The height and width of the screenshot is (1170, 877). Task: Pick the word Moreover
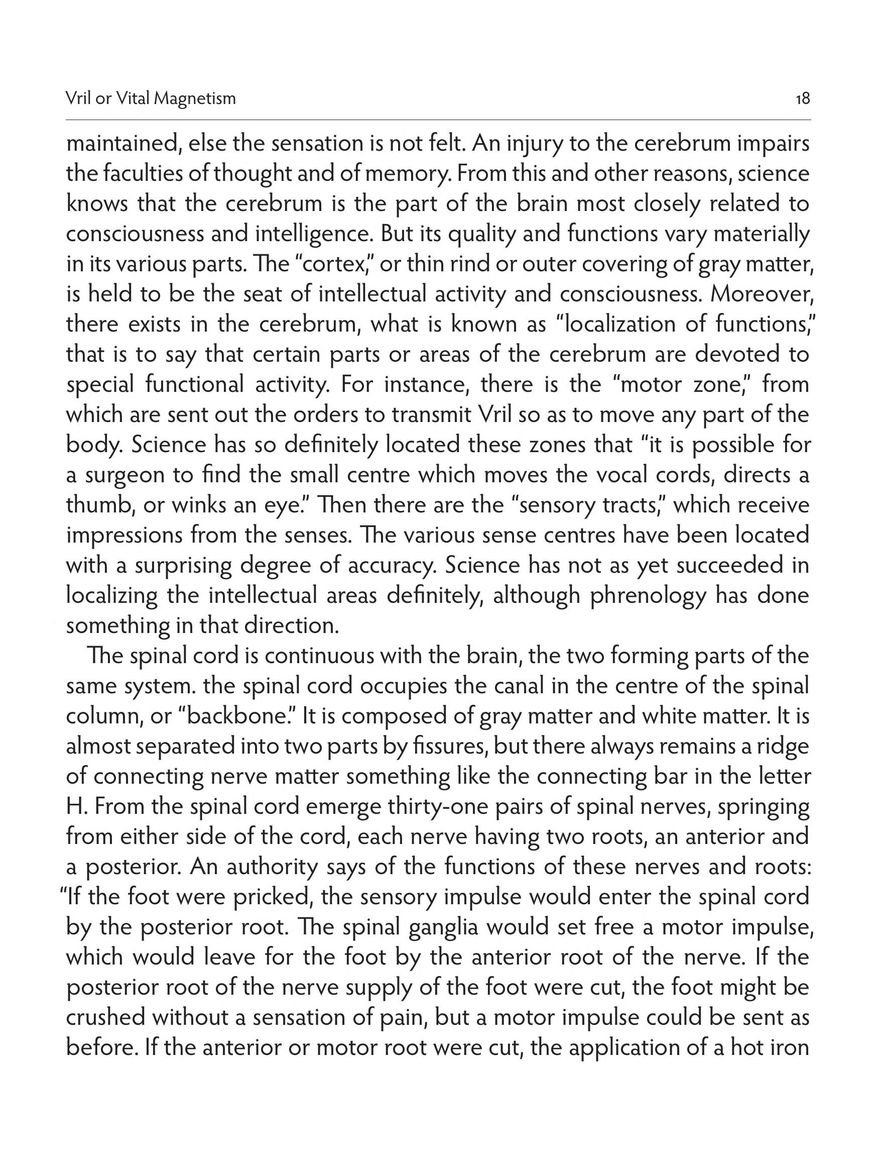pos(760,294)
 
